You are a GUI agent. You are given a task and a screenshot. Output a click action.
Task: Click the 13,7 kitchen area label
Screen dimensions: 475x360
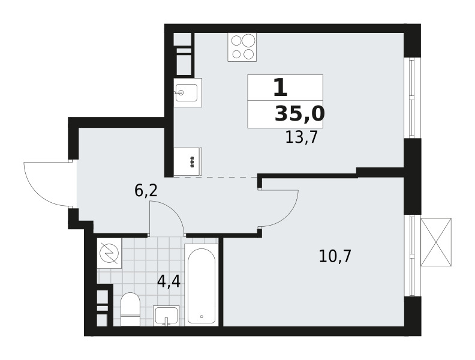[301, 137]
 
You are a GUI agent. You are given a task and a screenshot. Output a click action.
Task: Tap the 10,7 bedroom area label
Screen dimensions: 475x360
[335, 256]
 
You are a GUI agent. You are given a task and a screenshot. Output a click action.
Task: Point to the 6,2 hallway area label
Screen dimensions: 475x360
[146, 191]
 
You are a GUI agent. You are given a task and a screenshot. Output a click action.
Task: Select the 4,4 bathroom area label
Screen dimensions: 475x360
[169, 281]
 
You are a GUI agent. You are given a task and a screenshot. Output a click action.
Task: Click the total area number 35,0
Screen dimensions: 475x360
[300, 114]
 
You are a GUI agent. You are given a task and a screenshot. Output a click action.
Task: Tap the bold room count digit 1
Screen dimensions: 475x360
[280, 87]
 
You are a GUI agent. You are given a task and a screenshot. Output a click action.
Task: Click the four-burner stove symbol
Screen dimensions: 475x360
[242, 47]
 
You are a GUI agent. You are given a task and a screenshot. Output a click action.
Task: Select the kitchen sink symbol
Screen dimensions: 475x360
[188, 92]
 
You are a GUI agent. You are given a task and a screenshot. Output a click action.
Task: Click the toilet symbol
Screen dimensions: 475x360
[130, 309]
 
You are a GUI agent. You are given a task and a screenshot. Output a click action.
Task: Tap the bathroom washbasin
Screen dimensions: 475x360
[166, 316]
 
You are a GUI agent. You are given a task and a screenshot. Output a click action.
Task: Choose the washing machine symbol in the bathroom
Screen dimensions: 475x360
[109, 253]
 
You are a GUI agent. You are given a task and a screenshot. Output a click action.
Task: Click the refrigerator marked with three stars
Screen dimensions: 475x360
[188, 161]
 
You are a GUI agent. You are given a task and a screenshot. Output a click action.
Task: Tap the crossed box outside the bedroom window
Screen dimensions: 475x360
[436, 242]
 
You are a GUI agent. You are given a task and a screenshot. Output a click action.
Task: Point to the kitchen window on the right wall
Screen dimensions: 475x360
[411, 98]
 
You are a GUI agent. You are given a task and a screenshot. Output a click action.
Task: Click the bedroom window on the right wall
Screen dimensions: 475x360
[411, 256]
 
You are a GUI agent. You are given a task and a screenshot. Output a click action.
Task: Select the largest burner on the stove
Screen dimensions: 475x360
[248, 40]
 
